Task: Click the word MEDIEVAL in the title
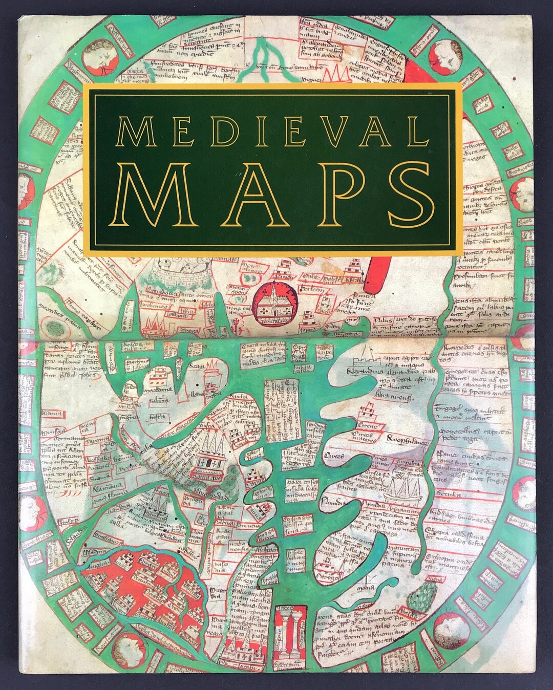(x=272, y=132)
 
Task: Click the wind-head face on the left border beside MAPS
(x=27, y=186)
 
